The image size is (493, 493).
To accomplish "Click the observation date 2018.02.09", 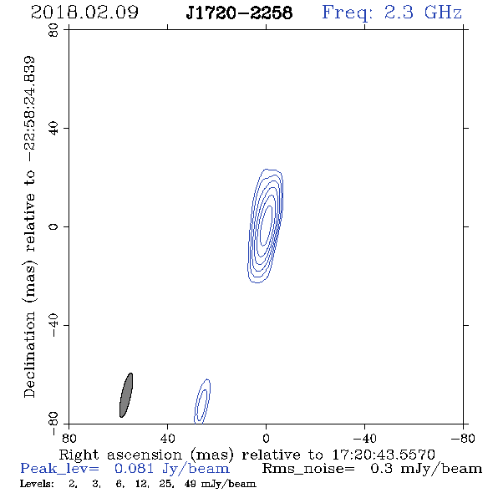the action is click(84, 13).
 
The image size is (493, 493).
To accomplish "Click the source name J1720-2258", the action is click(239, 13).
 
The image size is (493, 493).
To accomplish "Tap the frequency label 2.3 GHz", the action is click(423, 13).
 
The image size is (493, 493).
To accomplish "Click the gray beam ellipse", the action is click(126, 395).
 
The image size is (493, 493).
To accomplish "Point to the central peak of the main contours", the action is click(266, 225).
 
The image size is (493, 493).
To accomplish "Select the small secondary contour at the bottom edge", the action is click(202, 402).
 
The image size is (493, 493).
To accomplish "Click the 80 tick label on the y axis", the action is click(53, 30).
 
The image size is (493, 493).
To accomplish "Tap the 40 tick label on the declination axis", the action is click(53, 129).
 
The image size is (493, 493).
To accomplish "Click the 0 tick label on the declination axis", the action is click(53, 226).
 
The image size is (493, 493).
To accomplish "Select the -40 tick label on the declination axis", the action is click(53, 325).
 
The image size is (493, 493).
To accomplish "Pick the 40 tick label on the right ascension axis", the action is click(167, 438).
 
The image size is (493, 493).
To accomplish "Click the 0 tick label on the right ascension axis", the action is click(266, 438).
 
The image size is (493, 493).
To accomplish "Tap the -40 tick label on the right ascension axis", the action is click(364, 438).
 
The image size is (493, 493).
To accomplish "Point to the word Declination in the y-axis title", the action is click(29, 354).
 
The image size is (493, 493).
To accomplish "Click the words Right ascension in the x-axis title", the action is click(120, 455).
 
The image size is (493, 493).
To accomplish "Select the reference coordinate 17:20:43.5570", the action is click(384, 455).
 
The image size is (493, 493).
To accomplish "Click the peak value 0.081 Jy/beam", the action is click(172, 469).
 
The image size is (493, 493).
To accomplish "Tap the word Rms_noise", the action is click(308, 469).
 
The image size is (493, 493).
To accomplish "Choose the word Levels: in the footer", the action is click(37, 484).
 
